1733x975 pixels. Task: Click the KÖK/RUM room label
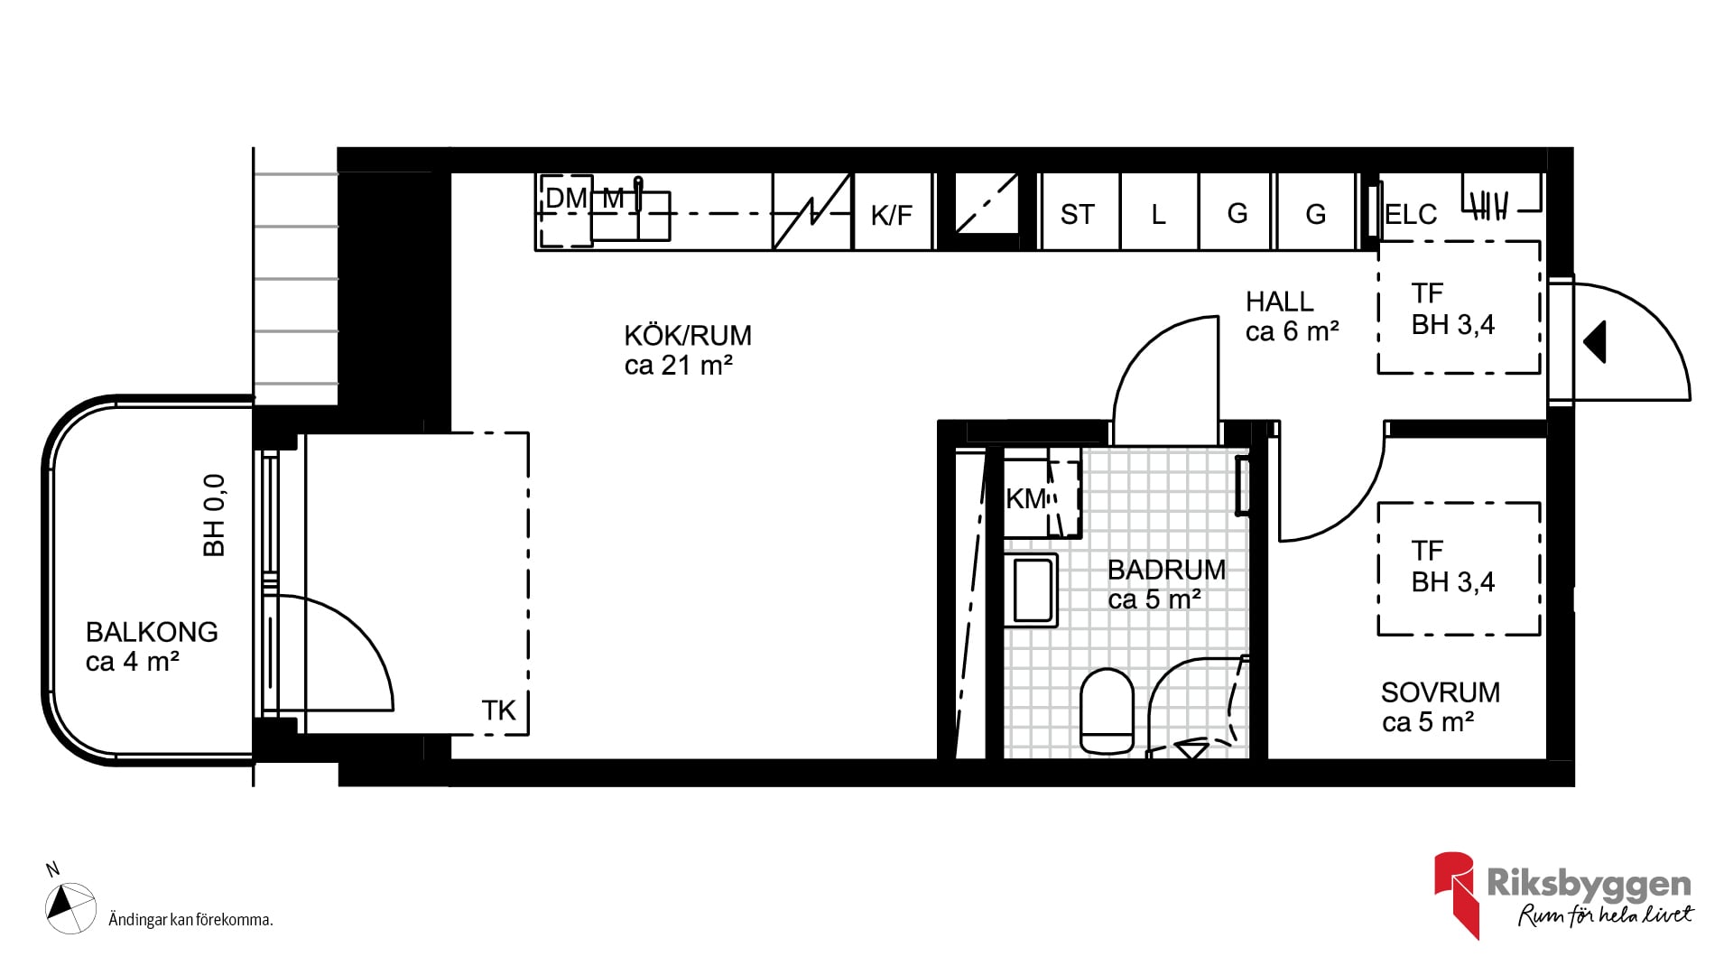688,336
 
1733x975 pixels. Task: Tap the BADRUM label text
1166,570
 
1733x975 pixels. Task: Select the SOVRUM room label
1441,692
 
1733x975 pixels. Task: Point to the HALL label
1279,302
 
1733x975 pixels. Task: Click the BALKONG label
152,632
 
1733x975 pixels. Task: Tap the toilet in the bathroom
1107,711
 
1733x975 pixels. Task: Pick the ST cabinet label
1077,215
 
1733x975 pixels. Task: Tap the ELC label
1411,215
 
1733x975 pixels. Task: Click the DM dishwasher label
566,199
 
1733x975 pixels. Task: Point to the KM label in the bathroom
1026,499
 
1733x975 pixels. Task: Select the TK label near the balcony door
498,711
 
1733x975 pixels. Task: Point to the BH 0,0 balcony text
214,515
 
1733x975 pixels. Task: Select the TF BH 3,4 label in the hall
1453,309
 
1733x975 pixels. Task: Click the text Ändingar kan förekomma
190,920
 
